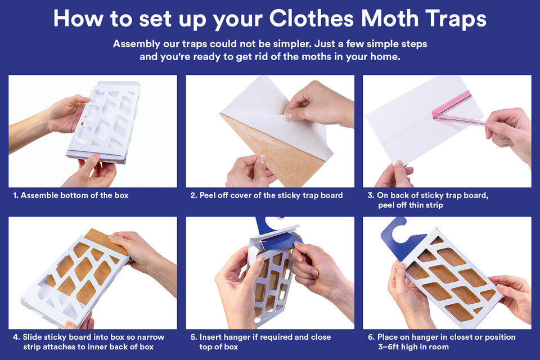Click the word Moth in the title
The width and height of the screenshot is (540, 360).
click(391, 18)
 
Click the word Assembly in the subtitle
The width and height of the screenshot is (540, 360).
click(138, 44)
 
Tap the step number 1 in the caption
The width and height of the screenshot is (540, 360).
click(15, 195)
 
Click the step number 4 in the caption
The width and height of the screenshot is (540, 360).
click(15, 337)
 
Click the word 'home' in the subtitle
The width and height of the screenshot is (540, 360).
click(384, 57)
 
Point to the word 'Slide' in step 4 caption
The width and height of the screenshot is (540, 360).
click(33, 337)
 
